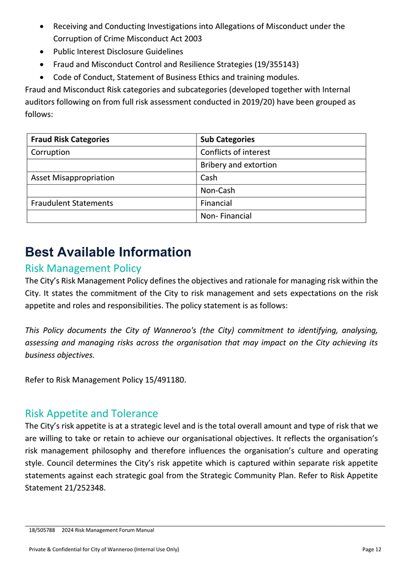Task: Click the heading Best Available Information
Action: click(108, 252)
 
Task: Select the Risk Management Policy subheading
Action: click(83, 268)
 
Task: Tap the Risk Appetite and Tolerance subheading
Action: click(91, 413)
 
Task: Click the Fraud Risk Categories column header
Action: click(70, 140)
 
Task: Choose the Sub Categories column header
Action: click(228, 140)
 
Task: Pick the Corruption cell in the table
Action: click(50, 152)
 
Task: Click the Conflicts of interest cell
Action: click(235, 152)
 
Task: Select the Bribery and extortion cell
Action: click(238, 165)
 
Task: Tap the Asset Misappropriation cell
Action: click(73, 177)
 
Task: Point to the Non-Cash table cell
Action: click(217, 190)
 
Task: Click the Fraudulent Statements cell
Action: click(72, 203)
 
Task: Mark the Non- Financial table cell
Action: click(226, 216)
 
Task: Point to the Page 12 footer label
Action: click(372, 550)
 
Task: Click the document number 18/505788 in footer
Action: click(42, 531)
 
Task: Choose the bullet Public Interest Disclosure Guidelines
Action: click(118, 51)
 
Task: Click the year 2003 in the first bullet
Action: click(191, 39)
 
